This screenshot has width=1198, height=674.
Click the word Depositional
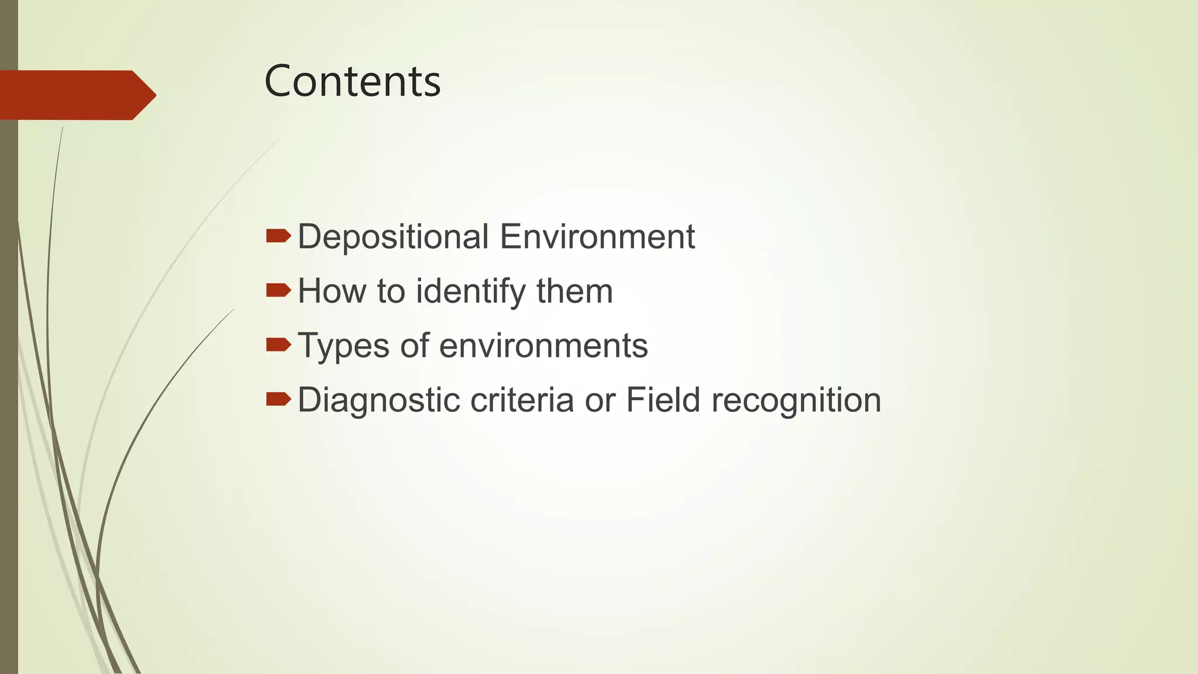click(393, 237)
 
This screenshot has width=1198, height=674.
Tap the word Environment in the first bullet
click(597, 237)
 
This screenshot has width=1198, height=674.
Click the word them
click(574, 291)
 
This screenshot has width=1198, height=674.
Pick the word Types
click(343, 346)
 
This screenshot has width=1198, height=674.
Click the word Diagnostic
click(378, 401)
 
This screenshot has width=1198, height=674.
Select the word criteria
click(522, 400)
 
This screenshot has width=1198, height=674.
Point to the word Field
click(663, 400)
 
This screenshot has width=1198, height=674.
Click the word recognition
click(796, 401)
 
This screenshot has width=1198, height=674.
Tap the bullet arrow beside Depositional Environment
click(278, 236)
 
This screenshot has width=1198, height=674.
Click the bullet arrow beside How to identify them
click(278, 290)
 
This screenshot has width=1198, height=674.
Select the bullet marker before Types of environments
click(278, 345)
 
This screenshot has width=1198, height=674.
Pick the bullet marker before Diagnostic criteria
click(278, 399)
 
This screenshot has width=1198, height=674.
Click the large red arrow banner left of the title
click(76, 95)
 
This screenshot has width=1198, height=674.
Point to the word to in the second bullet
click(391, 291)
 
